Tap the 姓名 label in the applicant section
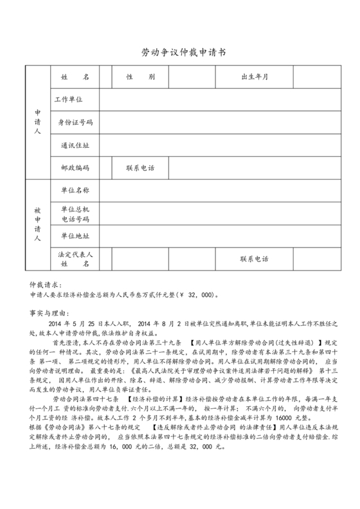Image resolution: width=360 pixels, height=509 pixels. [x=75, y=77]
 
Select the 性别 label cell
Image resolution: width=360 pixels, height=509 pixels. [x=140, y=77]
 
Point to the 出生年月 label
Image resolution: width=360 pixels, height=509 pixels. [x=255, y=77]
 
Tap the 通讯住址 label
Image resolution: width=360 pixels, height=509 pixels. [x=75, y=145]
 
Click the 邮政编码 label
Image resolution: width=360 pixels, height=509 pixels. [x=75, y=168]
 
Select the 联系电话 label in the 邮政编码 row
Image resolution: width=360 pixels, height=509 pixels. [x=140, y=168]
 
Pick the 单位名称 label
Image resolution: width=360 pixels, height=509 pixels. [x=75, y=191]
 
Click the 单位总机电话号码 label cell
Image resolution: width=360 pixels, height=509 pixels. [x=75, y=213]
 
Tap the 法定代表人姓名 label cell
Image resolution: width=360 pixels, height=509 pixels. [x=75, y=259]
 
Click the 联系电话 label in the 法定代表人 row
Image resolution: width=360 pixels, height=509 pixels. [x=255, y=259]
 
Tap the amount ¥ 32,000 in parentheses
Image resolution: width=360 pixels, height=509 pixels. [x=197, y=296]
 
